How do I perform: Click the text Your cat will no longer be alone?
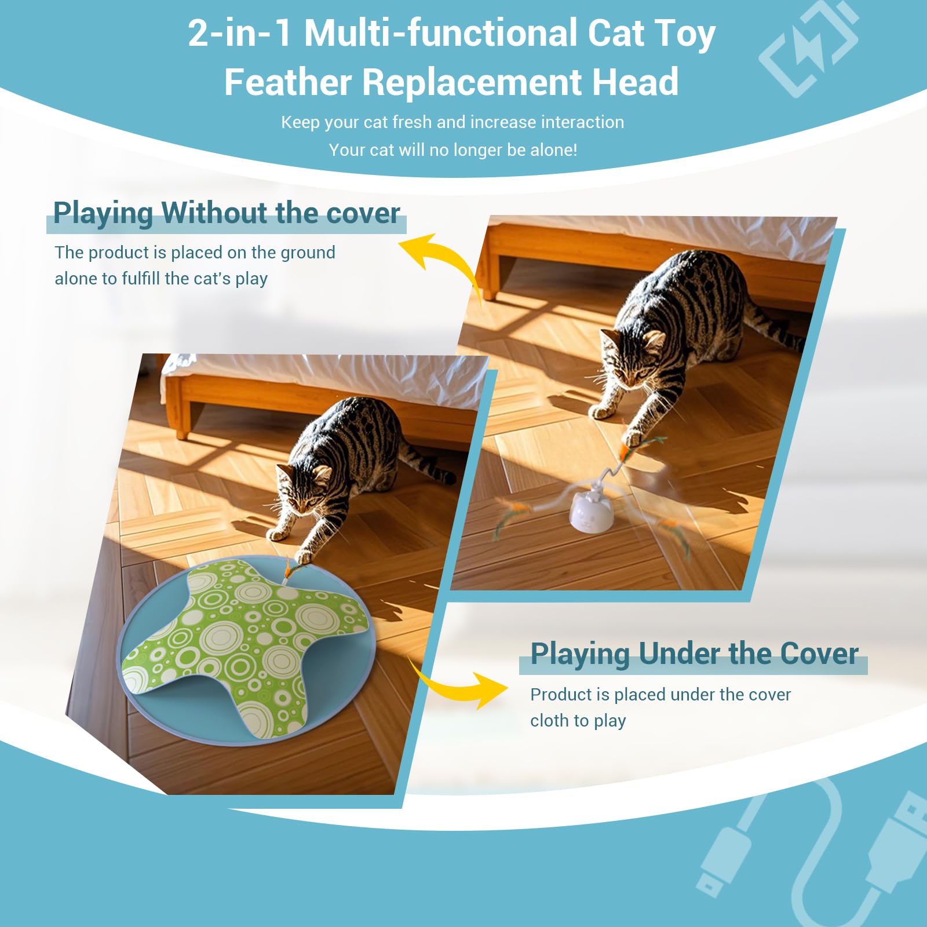(x=452, y=150)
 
